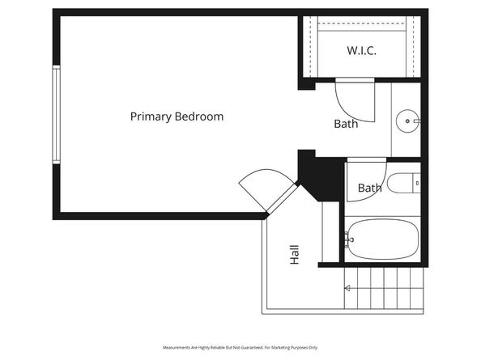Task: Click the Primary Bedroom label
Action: click(x=177, y=116)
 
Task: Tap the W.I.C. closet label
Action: click(x=361, y=50)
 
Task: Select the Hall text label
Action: click(x=295, y=255)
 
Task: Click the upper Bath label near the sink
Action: click(x=346, y=124)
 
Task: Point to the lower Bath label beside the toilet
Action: click(x=369, y=188)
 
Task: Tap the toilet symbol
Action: click(x=402, y=184)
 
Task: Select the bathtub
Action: click(x=381, y=239)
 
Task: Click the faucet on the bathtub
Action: click(x=349, y=239)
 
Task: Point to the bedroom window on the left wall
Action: click(x=56, y=115)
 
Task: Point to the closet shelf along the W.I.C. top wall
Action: click(x=361, y=26)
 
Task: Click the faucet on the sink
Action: click(x=416, y=123)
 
